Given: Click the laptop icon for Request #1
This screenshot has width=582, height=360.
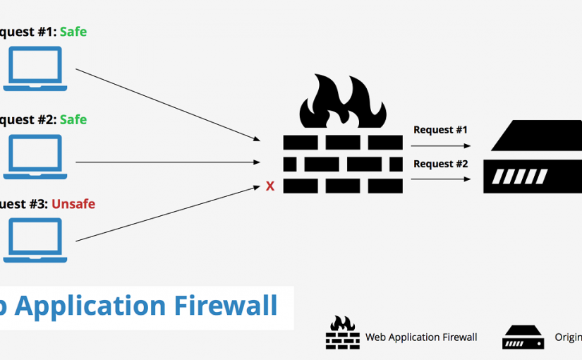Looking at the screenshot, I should click(x=35, y=68).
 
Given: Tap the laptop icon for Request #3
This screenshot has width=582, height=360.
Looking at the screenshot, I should click(x=35, y=240).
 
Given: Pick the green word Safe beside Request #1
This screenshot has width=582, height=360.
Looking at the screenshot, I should click(x=73, y=32).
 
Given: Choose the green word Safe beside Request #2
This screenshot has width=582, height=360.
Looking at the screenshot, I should click(x=73, y=119).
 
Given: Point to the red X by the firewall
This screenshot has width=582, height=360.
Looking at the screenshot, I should click(x=269, y=186).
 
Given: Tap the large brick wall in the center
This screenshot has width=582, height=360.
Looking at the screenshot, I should click(x=343, y=163).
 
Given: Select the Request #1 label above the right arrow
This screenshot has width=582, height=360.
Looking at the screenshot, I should click(x=440, y=130).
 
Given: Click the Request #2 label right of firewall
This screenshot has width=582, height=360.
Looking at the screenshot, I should click(x=440, y=164).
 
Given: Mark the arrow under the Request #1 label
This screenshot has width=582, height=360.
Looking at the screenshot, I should click(x=441, y=146).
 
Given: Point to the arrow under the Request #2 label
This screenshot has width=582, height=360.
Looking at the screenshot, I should click(x=441, y=179).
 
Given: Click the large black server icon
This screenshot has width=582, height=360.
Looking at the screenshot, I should click(x=533, y=156).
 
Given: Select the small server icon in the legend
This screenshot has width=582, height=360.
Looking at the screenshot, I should click(x=523, y=337).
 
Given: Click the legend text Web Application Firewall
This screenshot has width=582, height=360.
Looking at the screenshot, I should click(x=421, y=337).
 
